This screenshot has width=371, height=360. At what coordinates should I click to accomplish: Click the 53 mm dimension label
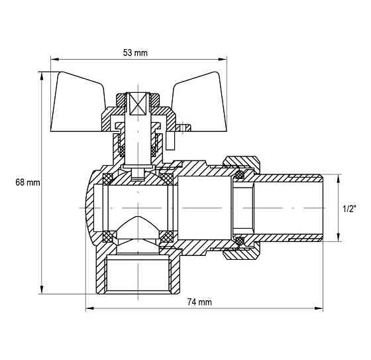(135, 52)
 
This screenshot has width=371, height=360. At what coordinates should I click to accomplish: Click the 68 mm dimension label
(28, 182)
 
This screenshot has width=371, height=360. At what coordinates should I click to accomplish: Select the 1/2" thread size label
(350, 209)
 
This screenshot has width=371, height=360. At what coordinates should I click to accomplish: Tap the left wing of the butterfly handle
(78, 103)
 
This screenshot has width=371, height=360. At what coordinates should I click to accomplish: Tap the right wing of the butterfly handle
(199, 103)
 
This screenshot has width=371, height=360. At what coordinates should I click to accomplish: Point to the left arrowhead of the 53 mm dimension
(55, 60)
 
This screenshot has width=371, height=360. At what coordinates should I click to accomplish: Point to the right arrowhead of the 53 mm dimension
(223, 60)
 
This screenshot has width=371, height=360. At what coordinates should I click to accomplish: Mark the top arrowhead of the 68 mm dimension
(42, 76)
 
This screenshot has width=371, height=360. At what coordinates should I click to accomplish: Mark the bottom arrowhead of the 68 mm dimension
(42, 290)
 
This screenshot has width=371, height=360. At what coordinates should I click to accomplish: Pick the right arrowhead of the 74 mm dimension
(319, 308)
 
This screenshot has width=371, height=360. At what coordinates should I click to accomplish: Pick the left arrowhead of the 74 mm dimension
(90, 308)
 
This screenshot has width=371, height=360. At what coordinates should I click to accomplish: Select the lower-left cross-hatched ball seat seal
(107, 237)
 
